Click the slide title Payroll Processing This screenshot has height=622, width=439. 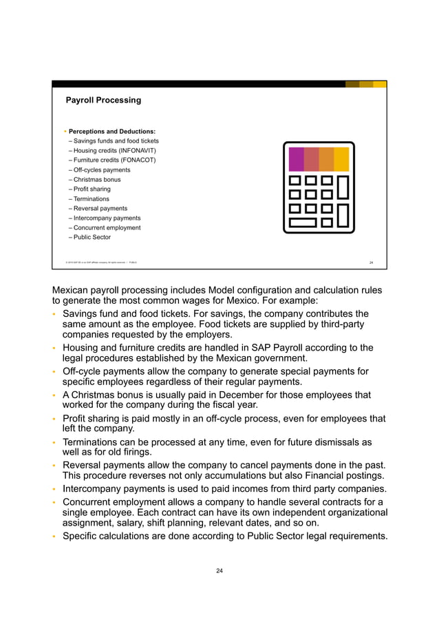(103, 100)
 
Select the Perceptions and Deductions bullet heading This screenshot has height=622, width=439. (111, 131)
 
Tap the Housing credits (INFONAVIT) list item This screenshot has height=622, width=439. (113, 150)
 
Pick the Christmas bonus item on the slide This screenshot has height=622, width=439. (97, 179)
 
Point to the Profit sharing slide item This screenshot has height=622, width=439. (92, 189)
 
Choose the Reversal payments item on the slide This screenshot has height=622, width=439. (100, 208)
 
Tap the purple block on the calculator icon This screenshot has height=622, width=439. (296, 159)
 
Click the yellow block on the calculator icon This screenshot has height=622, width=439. (341, 159)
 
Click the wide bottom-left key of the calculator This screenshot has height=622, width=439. (303, 222)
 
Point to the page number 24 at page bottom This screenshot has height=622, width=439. (219, 570)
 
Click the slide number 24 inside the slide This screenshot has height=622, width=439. (371, 262)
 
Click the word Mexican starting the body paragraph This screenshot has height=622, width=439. (72, 290)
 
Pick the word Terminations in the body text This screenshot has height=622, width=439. (92, 442)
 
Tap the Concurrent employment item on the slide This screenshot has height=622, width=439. (107, 227)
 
